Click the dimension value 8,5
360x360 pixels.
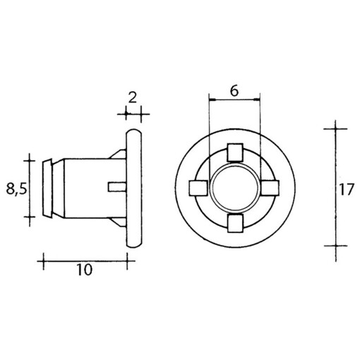[x=15, y=188]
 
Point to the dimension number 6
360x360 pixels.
[x=234, y=91]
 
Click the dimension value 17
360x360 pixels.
[x=346, y=188]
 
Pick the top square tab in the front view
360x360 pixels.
[x=235, y=152]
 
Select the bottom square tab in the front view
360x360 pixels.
[x=235, y=224]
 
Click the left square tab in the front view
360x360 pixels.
[x=198, y=188]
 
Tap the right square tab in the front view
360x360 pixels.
[x=271, y=188]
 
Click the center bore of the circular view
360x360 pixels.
[x=235, y=188]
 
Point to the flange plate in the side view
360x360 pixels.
[x=133, y=188]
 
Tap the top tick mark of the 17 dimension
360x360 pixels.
[x=335, y=128]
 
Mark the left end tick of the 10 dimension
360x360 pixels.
[x=44, y=260]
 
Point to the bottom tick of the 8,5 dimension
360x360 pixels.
[x=30, y=220]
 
